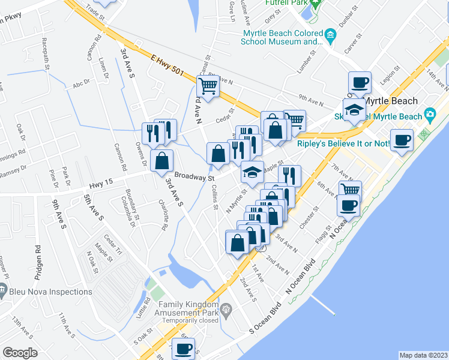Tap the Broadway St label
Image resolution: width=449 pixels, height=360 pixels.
pyautogui.click(x=194, y=178)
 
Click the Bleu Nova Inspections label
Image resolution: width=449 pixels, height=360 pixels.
pyautogui.click(x=50, y=292)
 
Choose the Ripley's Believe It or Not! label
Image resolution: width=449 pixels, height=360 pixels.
pyautogui.click(x=343, y=144)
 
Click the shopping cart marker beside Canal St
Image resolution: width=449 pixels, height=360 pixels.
pyautogui.click(x=207, y=86)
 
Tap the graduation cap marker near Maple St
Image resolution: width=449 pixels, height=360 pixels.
pyautogui.click(x=252, y=172)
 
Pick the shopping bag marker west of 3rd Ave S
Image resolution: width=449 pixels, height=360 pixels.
pyautogui.click(x=161, y=161)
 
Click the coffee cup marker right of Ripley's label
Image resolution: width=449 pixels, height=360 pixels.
pyautogui.click(x=401, y=140)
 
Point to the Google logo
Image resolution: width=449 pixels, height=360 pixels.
pyautogui.click(x=20, y=352)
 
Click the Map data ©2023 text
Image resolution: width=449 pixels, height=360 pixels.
pyautogui.click(x=423, y=355)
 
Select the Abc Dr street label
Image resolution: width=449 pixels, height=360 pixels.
pyautogui.click(x=80, y=83)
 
